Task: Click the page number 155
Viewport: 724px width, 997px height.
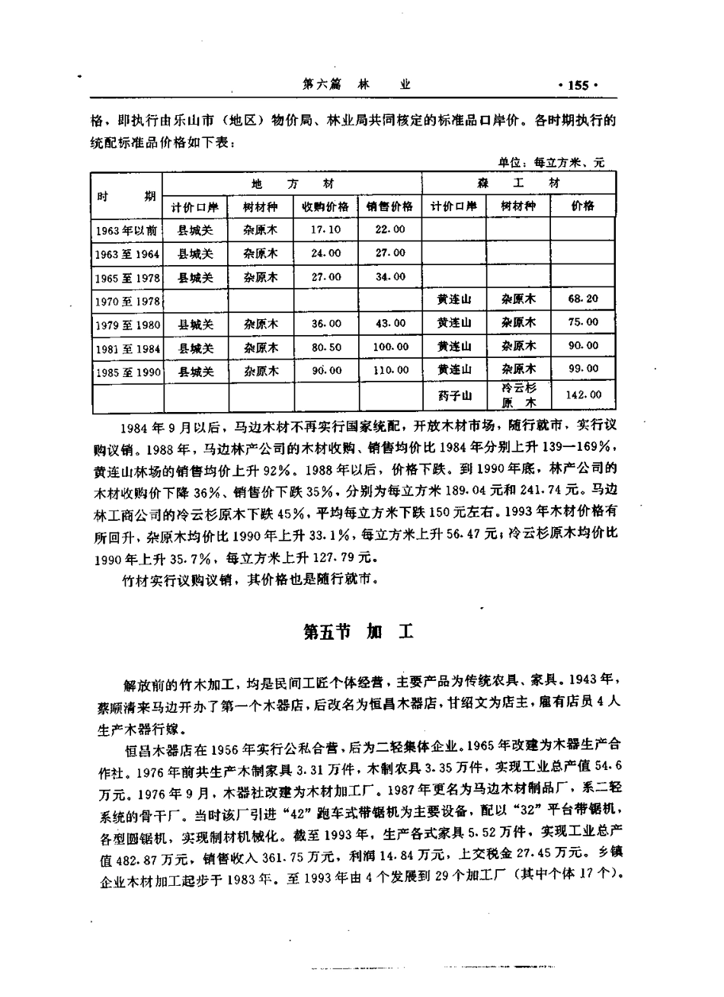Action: [578, 85]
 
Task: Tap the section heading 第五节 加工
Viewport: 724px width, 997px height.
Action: [357, 631]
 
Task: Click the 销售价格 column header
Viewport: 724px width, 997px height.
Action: [389, 206]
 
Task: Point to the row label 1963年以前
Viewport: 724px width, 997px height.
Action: [127, 229]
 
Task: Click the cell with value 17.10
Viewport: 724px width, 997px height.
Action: [325, 229]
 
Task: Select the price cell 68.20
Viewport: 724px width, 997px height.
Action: [583, 299]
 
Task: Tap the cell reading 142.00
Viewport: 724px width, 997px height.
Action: [583, 395]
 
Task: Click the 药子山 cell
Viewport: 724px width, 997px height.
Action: [455, 395]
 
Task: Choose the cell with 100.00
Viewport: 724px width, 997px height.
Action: [390, 347]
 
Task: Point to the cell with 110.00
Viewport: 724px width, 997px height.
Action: [390, 371]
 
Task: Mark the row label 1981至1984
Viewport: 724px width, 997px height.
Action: [127, 348]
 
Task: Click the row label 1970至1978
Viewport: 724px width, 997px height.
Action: [127, 302]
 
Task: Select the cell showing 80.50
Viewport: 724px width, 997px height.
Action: [325, 347]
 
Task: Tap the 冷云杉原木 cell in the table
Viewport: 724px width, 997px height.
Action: [518, 395]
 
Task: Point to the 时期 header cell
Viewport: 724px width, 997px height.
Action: [127, 195]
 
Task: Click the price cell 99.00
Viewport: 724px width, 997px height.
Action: [583, 369]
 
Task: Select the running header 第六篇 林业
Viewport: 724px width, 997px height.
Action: [357, 85]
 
